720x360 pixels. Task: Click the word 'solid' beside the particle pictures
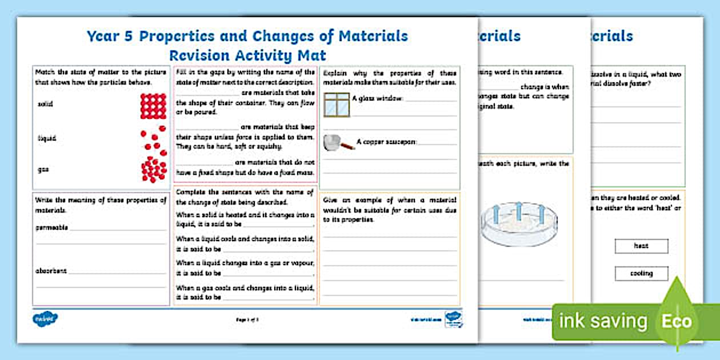click(45, 105)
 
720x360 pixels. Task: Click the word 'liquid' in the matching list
click(47, 138)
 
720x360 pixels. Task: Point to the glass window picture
click(335, 105)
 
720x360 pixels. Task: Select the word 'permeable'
click(51, 227)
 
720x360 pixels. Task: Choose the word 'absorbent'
click(51, 271)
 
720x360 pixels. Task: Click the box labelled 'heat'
click(641, 246)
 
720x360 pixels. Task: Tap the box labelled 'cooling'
click(641, 274)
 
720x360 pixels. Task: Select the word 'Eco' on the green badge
click(677, 321)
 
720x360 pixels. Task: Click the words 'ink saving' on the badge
click(603, 321)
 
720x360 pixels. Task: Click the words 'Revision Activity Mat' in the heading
click(247, 55)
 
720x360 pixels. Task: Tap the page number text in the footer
click(247, 320)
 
